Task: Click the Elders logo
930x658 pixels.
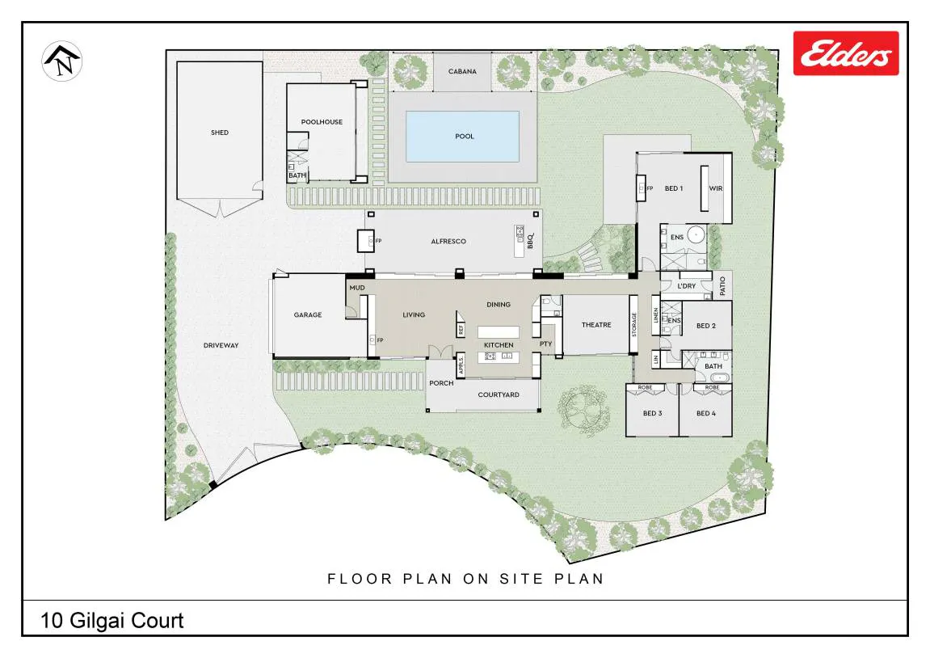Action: (846, 53)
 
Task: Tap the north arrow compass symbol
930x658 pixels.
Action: (61, 61)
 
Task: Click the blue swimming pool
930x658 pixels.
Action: (463, 137)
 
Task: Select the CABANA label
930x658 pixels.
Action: (462, 71)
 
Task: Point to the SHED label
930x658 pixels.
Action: (220, 133)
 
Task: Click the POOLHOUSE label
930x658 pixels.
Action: (322, 121)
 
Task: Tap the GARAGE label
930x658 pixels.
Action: (308, 314)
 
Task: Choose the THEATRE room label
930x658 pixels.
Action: (596, 324)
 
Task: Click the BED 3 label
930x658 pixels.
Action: (652, 413)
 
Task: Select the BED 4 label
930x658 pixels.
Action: (706, 413)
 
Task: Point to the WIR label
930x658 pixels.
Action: (716, 188)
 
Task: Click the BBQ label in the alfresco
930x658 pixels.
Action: (530, 241)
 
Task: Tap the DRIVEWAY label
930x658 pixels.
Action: (221, 344)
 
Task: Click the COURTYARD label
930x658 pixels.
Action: (499, 394)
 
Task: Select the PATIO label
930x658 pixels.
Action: (722, 286)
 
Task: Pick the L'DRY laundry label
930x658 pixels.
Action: (686, 286)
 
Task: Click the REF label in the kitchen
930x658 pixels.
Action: (461, 329)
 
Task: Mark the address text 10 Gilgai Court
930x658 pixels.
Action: (112, 621)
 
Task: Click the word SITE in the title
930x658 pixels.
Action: (521, 579)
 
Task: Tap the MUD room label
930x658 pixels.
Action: (357, 288)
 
